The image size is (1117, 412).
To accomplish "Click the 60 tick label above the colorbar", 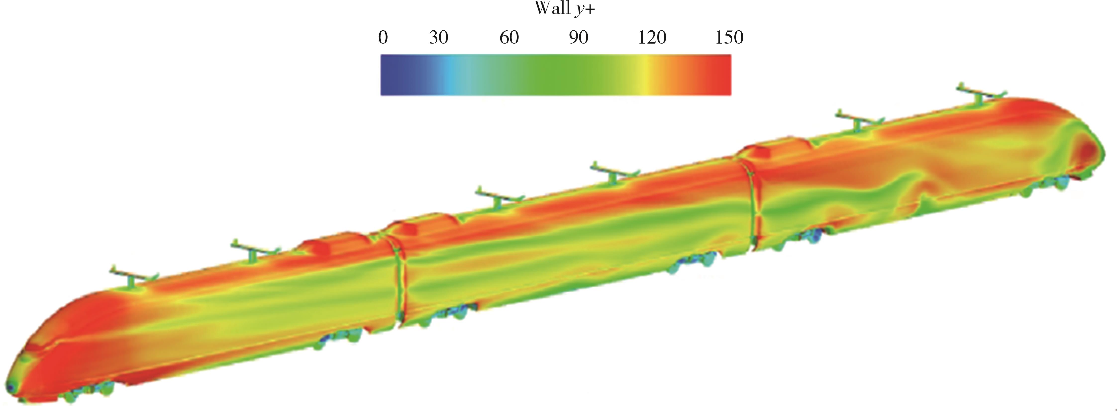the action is (509, 38).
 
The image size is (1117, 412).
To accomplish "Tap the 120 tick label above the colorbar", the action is (652, 38).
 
